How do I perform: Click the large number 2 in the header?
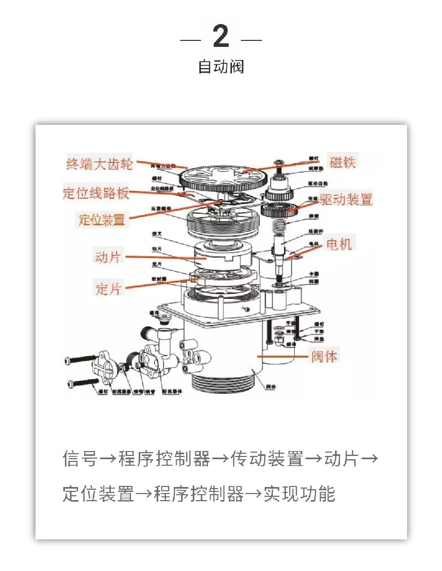pos(220,37)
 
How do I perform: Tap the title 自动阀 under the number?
pos(220,67)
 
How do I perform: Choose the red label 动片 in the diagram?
pos(107,257)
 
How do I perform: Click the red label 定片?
pos(108,288)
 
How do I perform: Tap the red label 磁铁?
pos(343,162)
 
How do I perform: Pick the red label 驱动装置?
pos(346,199)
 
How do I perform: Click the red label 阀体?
pos(324,357)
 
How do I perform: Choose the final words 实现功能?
pos(300,494)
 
